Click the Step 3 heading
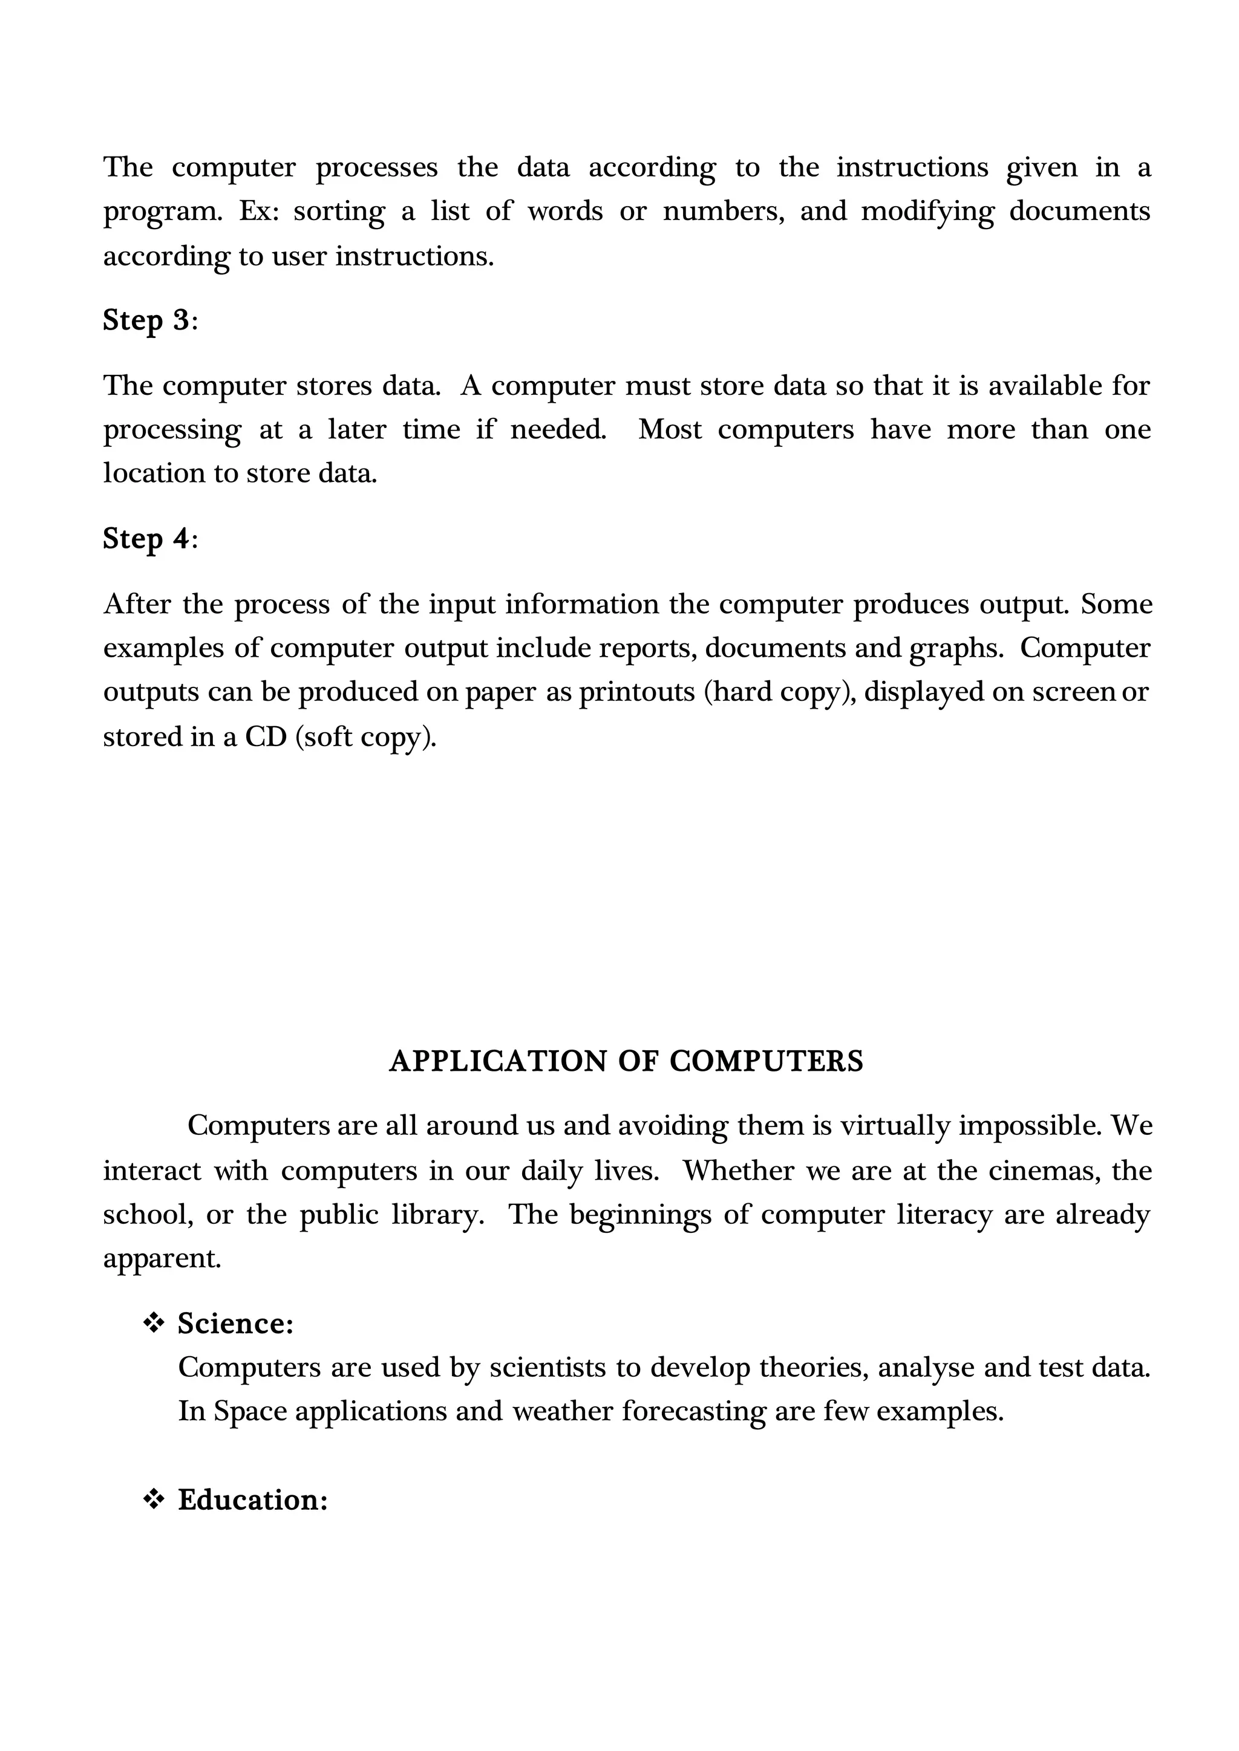149,320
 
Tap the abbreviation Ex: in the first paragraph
260,211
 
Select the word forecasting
693,1412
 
